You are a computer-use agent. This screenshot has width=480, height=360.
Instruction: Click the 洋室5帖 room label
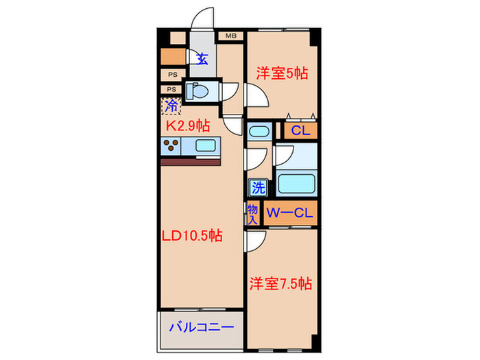[282, 73]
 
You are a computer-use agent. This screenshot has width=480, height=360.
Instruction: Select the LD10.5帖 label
[192, 236]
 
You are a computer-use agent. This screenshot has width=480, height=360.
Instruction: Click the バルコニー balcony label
[202, 327]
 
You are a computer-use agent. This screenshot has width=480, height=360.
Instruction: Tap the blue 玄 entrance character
[202, 59]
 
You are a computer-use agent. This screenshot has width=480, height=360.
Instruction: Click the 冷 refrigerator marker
[171, 106]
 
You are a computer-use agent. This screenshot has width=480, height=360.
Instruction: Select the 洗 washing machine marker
[258, 186]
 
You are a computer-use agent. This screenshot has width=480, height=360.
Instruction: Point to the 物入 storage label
[252, 214]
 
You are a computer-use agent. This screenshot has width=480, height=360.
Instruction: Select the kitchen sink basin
[205, 145]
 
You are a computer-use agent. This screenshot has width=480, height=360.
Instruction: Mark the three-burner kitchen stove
[172, 145]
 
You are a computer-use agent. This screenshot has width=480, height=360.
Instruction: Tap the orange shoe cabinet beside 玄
[173, 57]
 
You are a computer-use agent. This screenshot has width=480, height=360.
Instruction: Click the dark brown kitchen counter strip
[190, 162]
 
